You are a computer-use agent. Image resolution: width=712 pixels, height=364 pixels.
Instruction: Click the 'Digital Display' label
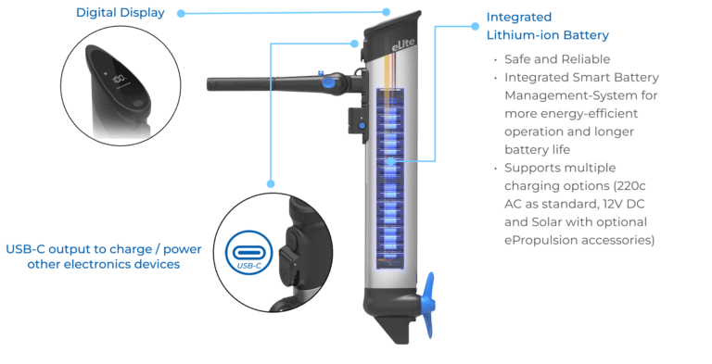point(121,13)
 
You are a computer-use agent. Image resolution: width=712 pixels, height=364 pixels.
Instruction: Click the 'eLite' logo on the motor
point(403,44)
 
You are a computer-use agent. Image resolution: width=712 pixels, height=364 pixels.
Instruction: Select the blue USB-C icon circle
point(249,253)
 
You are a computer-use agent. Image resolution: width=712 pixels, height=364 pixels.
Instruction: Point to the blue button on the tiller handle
point(328,82)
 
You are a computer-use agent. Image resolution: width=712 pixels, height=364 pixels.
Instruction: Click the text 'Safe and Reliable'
point(557,59)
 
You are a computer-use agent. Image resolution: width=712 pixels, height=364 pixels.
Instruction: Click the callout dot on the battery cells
point(390,161)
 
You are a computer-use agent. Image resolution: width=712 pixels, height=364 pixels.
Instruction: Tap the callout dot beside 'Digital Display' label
point(181,14)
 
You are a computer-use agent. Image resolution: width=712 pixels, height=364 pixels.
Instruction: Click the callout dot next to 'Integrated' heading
point(475,26)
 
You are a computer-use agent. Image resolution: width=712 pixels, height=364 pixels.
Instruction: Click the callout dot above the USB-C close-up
point(271,183)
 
